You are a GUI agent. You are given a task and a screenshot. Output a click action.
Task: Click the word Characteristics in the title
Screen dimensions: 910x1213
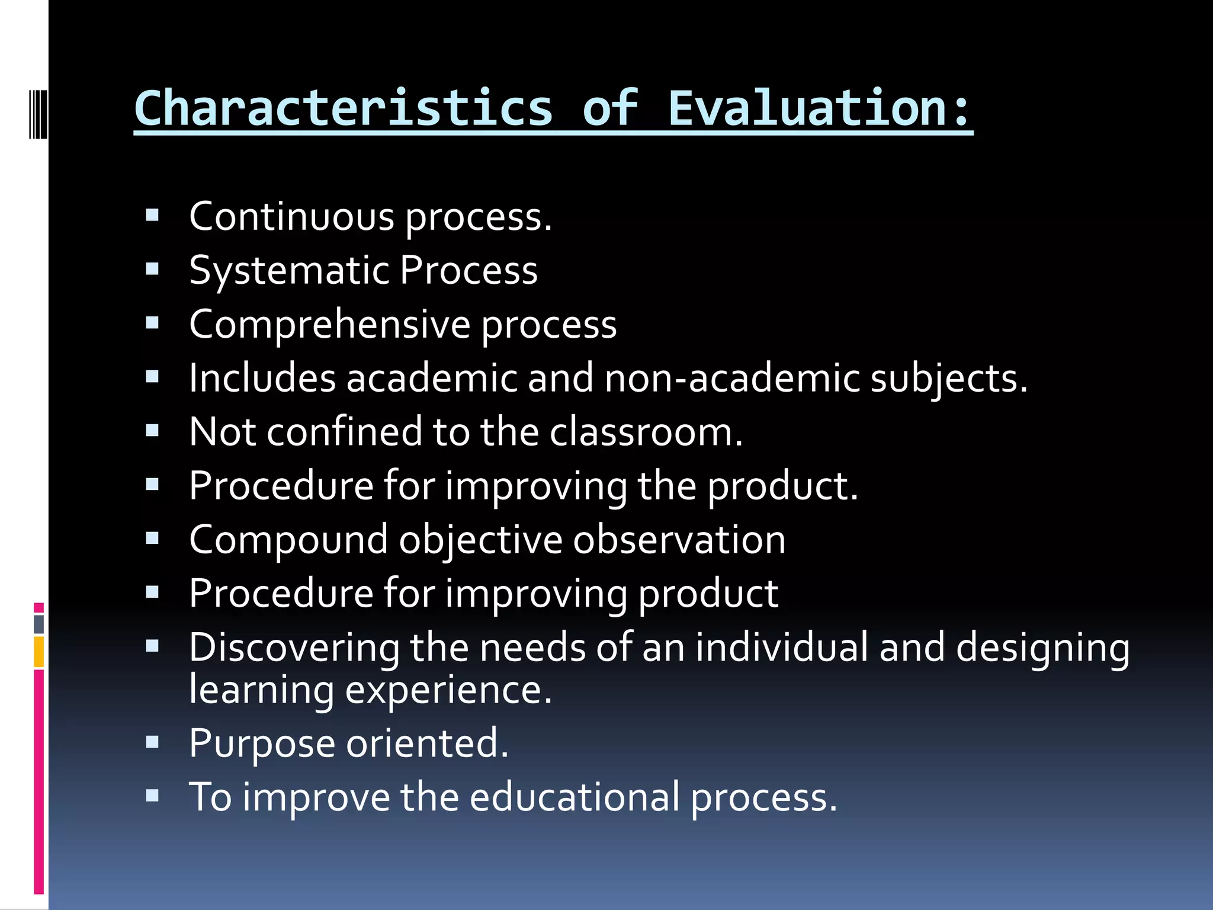[344, 108]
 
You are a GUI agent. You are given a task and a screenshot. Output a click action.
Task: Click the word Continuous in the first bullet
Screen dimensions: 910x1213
[291, 217]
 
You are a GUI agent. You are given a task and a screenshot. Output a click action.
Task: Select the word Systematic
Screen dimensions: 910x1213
[288, 271]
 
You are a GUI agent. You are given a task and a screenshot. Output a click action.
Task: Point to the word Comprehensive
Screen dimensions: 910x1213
[329, 325]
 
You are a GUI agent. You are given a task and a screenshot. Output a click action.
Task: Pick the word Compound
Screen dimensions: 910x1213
[288, 540]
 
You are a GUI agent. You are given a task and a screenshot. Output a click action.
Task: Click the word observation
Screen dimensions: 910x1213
[679, 540]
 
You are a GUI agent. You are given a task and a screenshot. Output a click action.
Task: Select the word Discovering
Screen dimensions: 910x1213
[294, 647]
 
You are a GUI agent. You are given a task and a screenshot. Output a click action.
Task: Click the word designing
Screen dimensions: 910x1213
[1042, 647]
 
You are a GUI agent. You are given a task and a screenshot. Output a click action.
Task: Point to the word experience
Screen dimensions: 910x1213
[448, 690]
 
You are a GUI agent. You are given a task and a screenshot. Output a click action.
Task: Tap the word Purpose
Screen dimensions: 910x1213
[262, 743]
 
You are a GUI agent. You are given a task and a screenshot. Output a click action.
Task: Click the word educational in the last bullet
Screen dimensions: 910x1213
[575, 797]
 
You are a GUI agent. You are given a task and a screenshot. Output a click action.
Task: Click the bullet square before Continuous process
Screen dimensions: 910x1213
[152, 215]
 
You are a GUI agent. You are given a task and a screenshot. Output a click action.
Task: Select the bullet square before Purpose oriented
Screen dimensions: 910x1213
[152, 742]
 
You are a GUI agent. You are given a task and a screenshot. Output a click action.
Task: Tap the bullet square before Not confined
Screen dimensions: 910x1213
[152, 430]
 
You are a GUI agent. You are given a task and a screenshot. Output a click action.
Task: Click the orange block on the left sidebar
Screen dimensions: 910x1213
[38, 652]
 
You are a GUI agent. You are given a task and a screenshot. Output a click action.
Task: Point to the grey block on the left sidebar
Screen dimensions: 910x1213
[38, 624]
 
